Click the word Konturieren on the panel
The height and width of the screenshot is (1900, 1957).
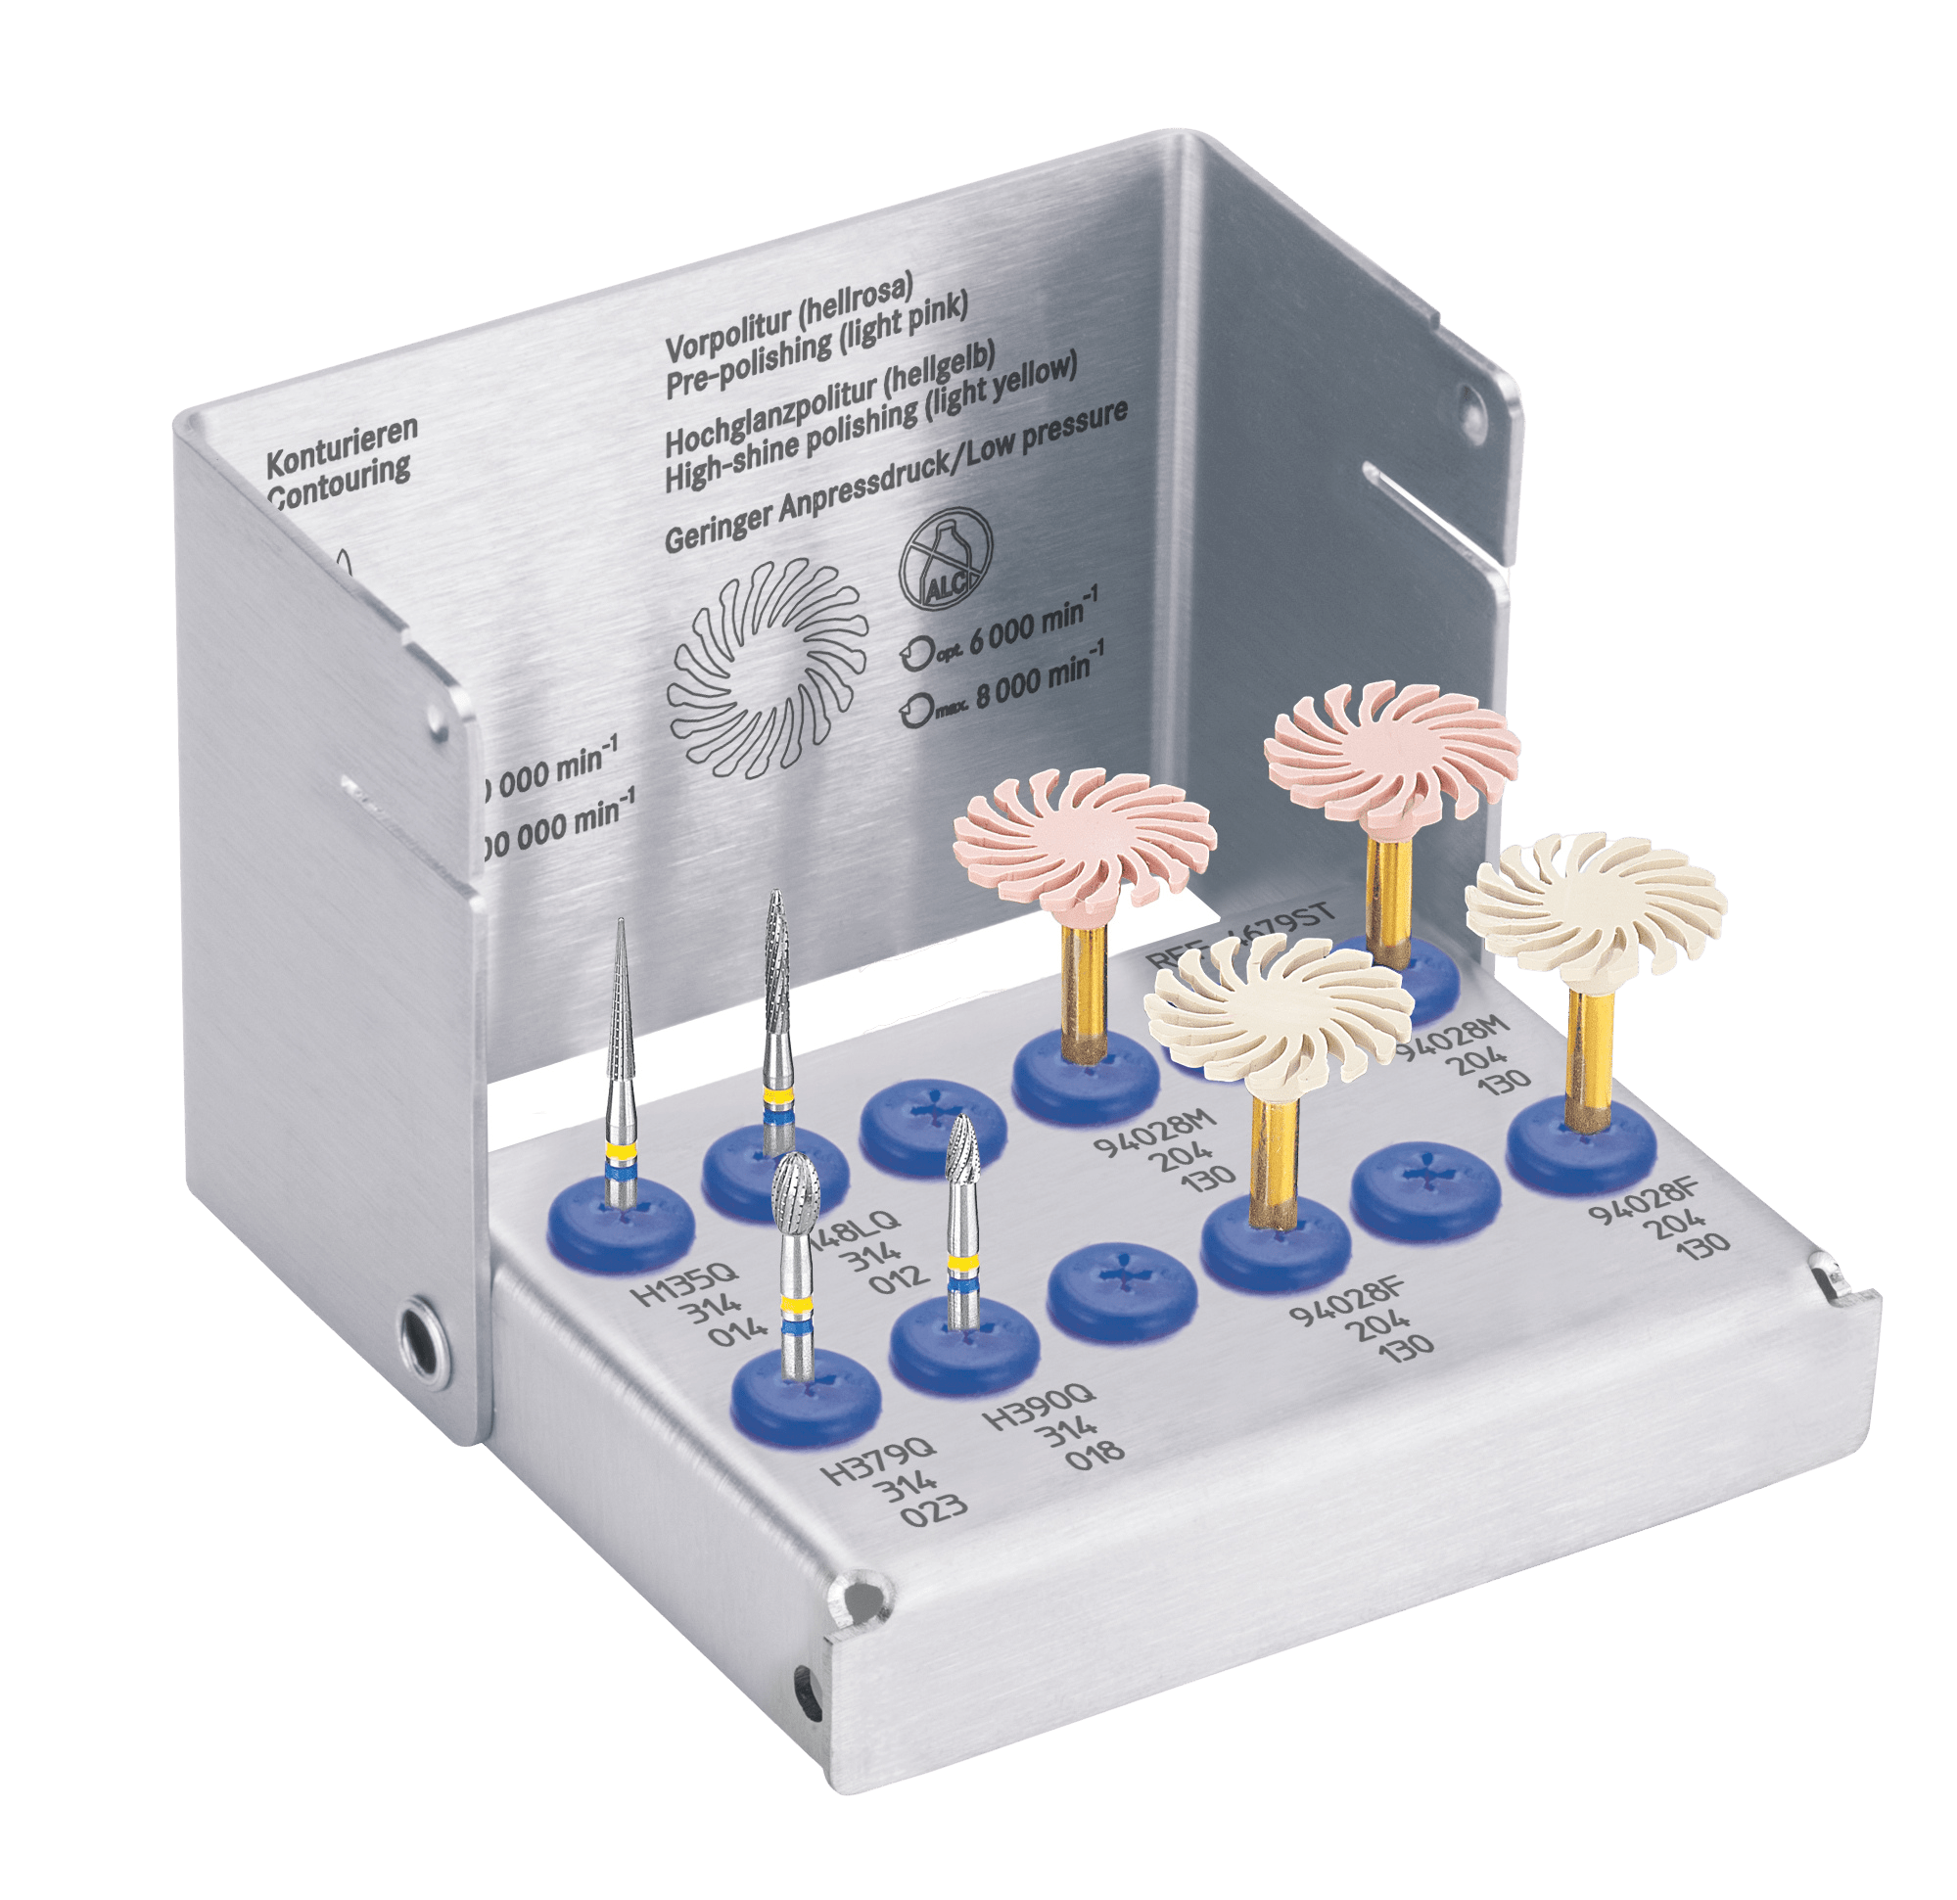click(x=341, y=446)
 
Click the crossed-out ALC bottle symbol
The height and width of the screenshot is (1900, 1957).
click(x=946, y=561)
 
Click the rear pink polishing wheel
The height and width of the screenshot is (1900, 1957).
click(x=1391, y=751)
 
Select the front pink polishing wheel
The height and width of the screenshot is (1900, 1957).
click(x=1085, y=839)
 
